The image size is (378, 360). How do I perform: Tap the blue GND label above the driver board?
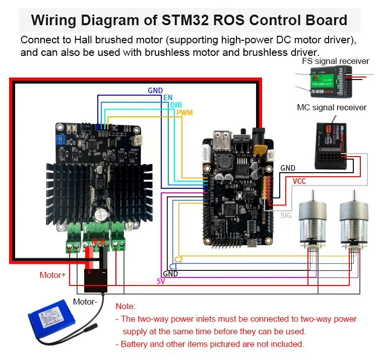(155, 91)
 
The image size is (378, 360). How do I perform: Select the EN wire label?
(168, 97)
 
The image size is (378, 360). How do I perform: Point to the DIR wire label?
(176, 105)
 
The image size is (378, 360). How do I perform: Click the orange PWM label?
(184, 112)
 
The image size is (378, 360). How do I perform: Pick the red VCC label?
(299, 181)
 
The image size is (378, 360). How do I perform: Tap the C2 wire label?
(178, 259)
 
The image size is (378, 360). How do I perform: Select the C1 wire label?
(173, 266)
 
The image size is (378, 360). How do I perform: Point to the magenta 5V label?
(161, 281)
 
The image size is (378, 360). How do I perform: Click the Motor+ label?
(52, 275)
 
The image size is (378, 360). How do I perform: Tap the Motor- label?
(85, 302)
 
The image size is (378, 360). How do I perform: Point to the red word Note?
(125, 306)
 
